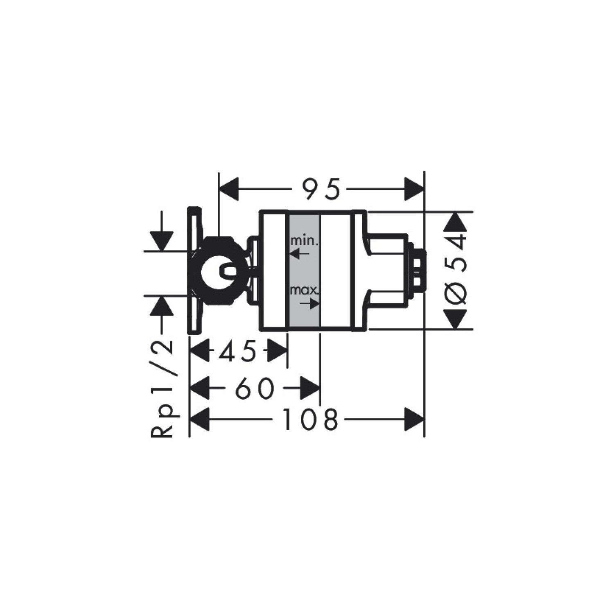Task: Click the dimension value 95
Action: point(321,190)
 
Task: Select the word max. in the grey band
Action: point(305,291)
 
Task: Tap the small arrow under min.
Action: point(300,254)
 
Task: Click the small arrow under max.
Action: point(309,304)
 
